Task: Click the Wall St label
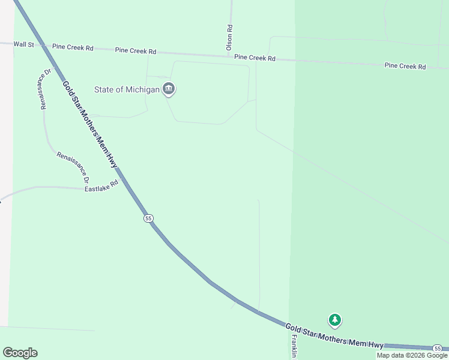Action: point(23,44)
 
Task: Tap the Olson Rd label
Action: point(229,37)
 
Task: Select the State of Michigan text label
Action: point(127,89)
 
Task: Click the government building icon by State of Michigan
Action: point(169,89)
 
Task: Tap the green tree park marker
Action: point(335,320)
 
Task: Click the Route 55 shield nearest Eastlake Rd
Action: point(149,218)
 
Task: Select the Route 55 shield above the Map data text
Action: point(438,349)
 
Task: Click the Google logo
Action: point(20,353)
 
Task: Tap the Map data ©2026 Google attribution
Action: point(412,355)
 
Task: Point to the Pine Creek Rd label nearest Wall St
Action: point(73,47)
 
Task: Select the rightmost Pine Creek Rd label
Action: point(405,66)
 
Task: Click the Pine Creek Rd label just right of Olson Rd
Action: point(255,58)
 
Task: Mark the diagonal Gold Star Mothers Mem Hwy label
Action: point(89,124)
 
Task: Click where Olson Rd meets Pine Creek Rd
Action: point(230,56)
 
